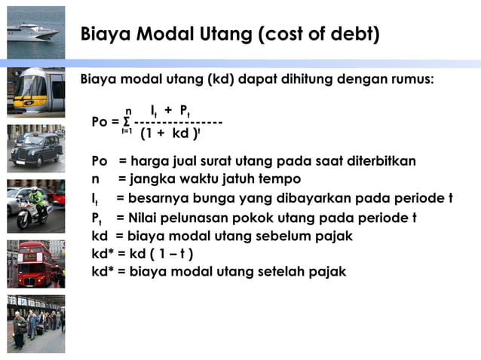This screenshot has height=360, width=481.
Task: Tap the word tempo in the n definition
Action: click(x=281, y=179)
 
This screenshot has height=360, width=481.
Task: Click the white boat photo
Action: click(x=35, y=32)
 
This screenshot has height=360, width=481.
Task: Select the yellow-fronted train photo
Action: click(x=35, y=90)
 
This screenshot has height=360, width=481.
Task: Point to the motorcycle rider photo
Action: click(x=35, y=206)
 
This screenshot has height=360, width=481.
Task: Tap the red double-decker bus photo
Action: click(x=35, y=264)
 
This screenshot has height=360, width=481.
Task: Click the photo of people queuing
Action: click(x=35, y=324)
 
